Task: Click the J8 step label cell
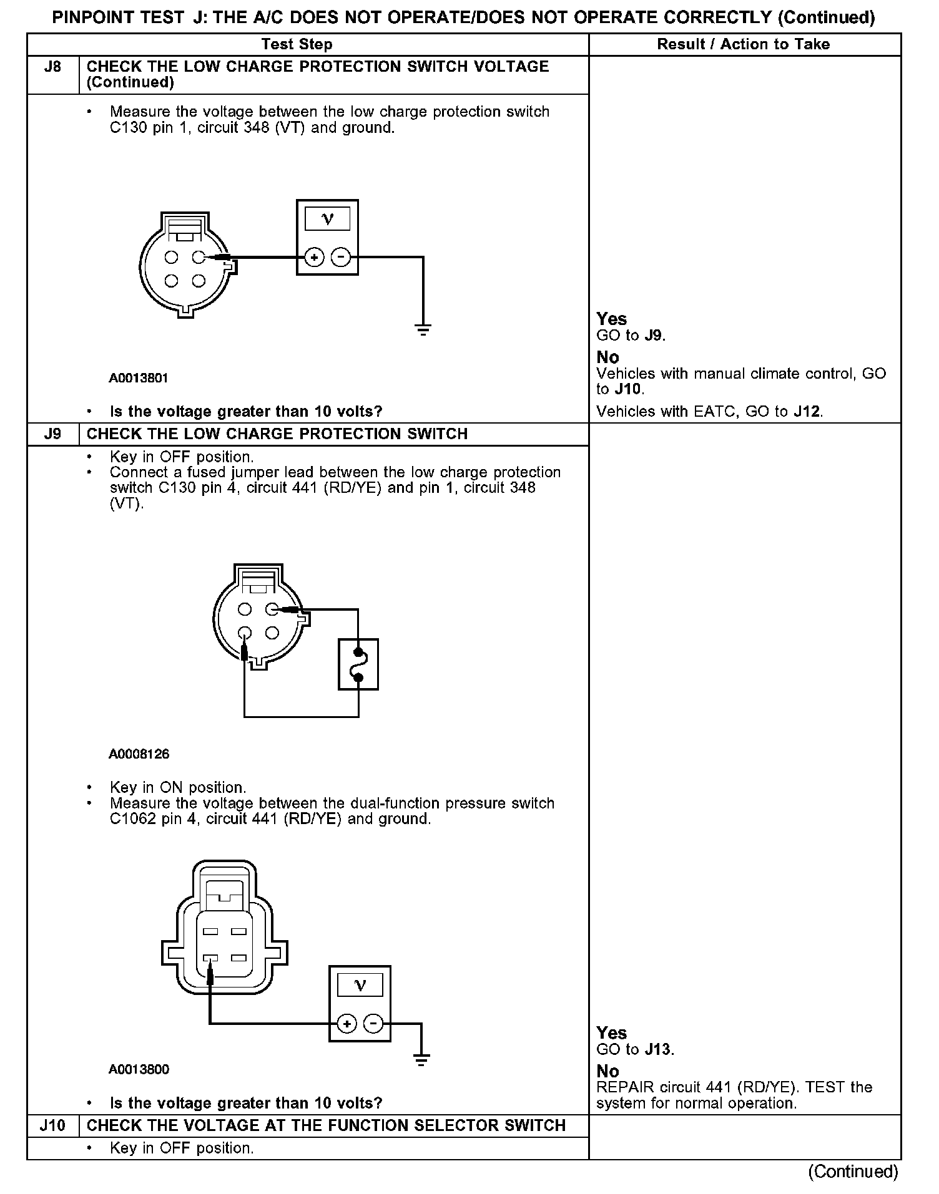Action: [53, 67]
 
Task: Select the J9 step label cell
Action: [53, 434]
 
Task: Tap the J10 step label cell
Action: [53, 1125]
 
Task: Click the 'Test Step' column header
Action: [297, 44]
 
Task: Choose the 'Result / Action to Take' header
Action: [744, 44]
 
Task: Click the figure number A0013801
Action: [139, 378]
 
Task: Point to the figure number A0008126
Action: [139, 754]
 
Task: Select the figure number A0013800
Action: [139, 1069]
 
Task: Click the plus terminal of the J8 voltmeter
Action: [315, 257]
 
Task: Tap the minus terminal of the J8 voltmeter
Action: [340, 257]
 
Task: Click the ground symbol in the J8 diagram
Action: [423, 330]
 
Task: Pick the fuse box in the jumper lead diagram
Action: [358, 664]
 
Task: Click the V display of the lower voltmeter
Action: [360, 986]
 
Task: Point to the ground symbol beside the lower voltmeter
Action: [421, 1059]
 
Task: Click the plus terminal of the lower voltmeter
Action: [347, 1024]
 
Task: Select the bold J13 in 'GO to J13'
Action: [659, 1049]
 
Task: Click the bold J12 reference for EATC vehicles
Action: [807, 412]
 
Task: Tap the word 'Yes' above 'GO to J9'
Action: [611, 319]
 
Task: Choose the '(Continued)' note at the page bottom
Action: [853, 1172]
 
